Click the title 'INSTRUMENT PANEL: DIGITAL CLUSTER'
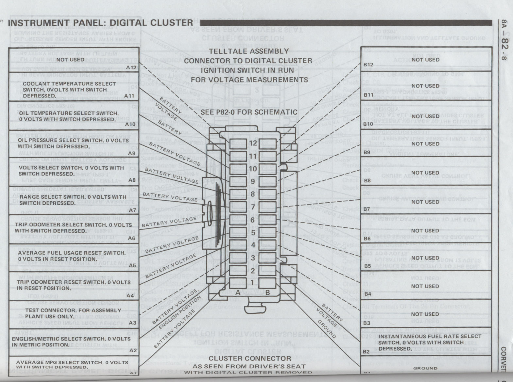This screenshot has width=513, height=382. tap(100, 23)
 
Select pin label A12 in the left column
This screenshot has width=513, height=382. tap(131, 68)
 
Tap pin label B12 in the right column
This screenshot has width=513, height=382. tap(368, 65)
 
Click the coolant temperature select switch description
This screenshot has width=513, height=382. tap(69, 90)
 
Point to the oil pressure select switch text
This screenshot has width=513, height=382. tap(73, 143)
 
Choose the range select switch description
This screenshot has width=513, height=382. tap(73, 200)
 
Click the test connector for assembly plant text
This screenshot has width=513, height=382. tap(73, 313)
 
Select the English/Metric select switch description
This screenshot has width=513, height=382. tap(71, 342)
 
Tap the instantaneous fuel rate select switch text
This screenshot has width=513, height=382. tap(430, 342)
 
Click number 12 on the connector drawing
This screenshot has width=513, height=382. tap(253, 143)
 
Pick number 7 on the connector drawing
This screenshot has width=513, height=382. tap(253, 207)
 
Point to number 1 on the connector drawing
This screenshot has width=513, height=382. tap(252, 283)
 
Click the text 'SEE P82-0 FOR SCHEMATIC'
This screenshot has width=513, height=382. tap(249, 112)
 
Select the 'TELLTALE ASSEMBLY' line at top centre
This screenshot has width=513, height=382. tap(249, 51)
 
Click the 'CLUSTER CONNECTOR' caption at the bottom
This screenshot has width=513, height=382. tap(250, 358)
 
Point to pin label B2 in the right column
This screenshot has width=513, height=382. tap(366, 352)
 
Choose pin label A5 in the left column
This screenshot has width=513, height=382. tap(132, 266)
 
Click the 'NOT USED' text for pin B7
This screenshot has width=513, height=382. tap(425, 202)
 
